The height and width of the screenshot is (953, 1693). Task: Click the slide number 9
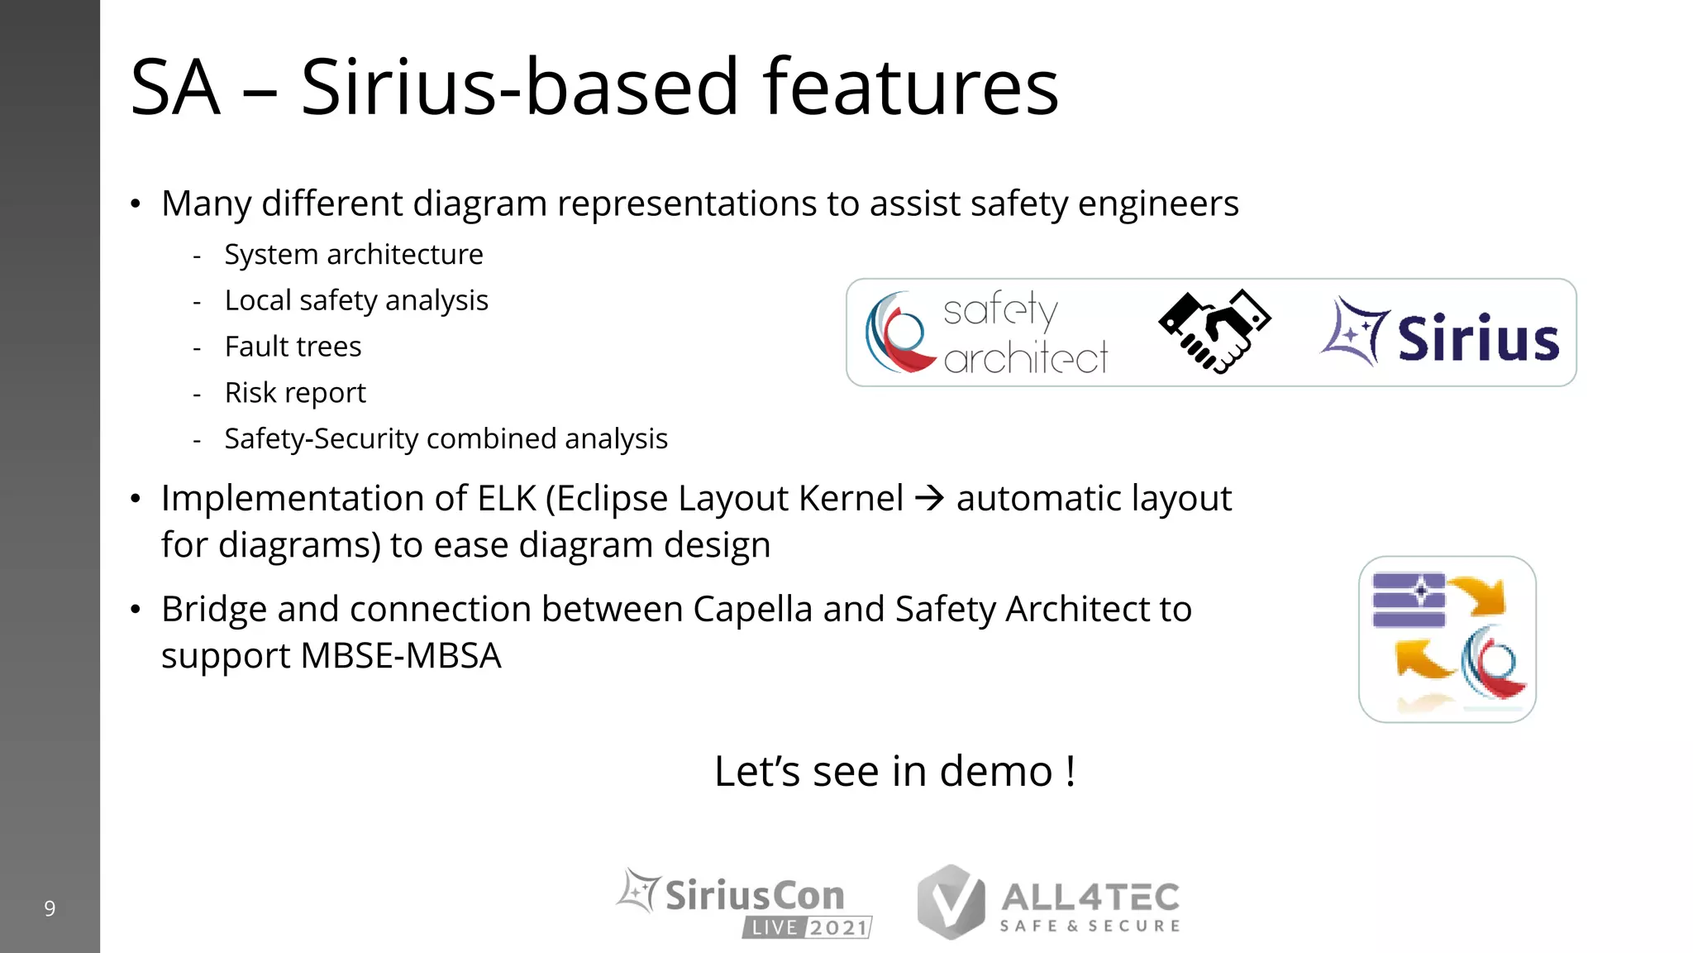pos(50,908)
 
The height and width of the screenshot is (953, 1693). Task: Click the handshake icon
pos(1214,332)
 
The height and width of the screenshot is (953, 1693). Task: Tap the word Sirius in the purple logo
pos(1477,338)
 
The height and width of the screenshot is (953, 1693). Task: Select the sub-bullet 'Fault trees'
pos(293,347)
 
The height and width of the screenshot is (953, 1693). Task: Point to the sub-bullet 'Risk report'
pos(295,393)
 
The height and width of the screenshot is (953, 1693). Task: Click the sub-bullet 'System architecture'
pos(354,255)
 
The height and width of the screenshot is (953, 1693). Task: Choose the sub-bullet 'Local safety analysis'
pos(356,300)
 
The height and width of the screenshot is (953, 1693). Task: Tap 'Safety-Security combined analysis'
pos(446,438)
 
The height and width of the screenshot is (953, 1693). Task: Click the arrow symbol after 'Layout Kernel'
pos(929,498)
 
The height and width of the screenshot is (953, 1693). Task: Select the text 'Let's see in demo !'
pos(894,771)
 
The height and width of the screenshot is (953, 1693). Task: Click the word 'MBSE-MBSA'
pos(401,656)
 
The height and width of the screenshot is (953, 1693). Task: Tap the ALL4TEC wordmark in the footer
pos(1090,898)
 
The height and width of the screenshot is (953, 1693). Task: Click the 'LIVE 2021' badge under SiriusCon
pos(808,927)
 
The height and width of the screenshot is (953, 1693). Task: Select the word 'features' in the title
pos(911,87)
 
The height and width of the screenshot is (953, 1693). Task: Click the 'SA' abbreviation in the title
pos(175,87)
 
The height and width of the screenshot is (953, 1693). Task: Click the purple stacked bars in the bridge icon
pos(1409,600)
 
